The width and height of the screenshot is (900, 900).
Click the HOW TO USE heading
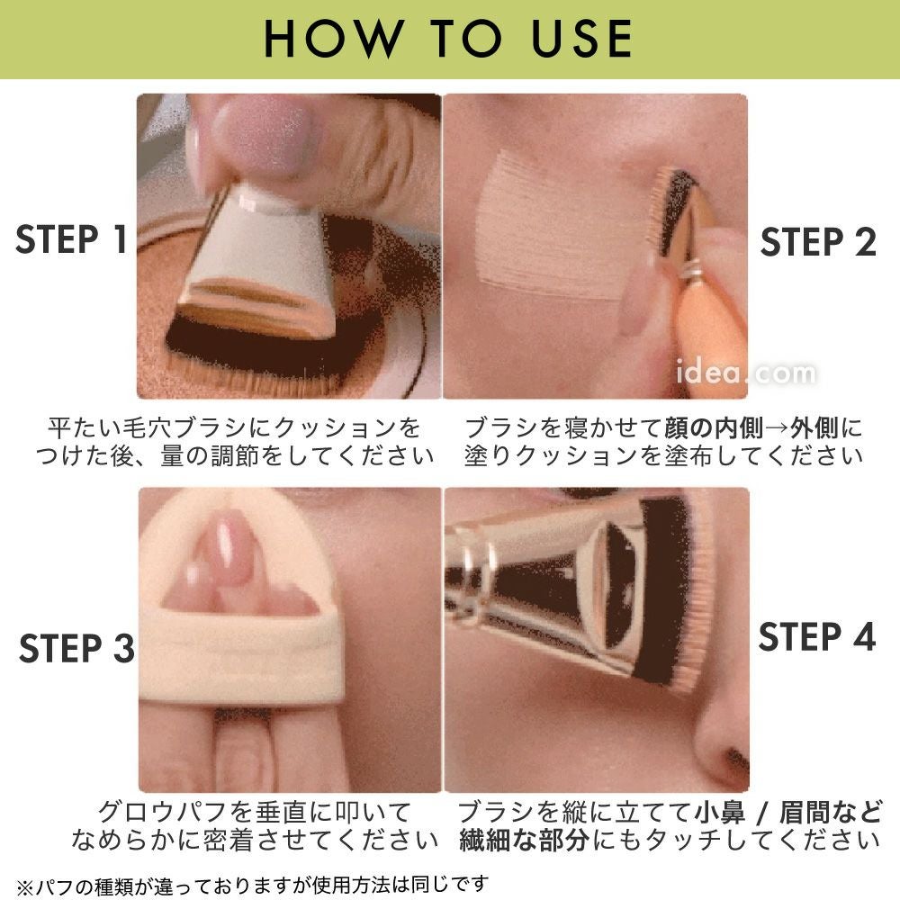coord(448,39)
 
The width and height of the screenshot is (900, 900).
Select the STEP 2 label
coord(818,241)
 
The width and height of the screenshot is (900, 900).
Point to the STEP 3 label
coord(76,648)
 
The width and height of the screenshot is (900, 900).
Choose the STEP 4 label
coord(817,636)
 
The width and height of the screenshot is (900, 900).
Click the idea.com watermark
coord(745,373)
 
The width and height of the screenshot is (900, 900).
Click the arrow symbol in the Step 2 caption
coord(777,428)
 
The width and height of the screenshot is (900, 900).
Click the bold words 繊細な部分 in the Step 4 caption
coord(524,841)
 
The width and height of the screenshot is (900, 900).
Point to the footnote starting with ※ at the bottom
coord(253,886)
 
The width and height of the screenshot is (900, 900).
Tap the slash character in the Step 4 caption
coord(762,814)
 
